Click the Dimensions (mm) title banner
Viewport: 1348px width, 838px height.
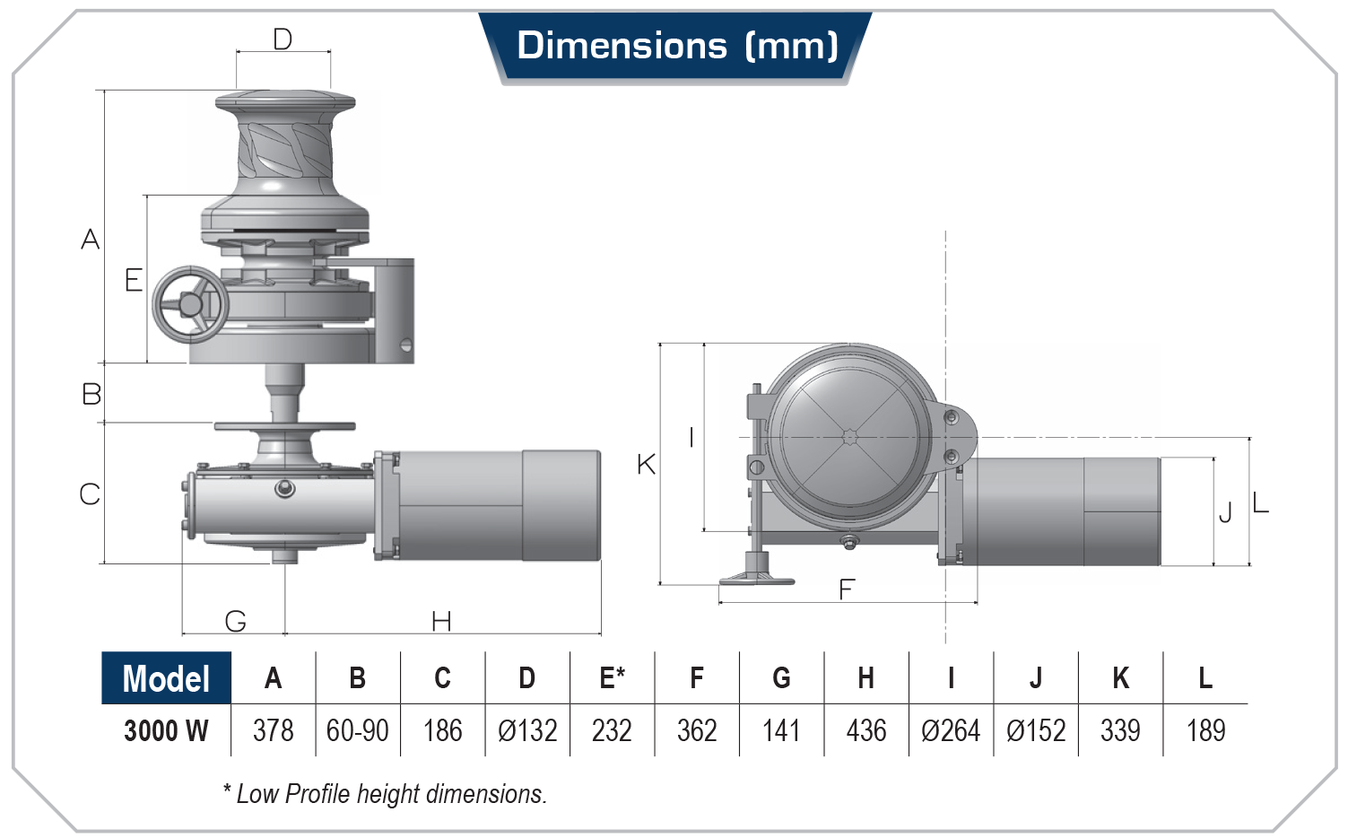click(x=676, y=46)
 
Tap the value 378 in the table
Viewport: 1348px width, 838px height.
click(x=273, y=730)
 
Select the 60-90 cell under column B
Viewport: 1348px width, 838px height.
click(x=357, y=730)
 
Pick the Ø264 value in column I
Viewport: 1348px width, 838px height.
click(x=951, y=730)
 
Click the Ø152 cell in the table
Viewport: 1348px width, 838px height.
click(x=1036, y=730)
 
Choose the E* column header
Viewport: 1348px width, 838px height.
click(x=612, y=678)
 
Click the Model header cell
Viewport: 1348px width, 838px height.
click(x=166, y=678)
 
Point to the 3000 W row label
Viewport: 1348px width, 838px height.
click(x=166, y=730)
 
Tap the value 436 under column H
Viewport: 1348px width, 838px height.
click(x=865, y=730)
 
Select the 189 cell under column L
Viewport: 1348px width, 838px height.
click(x=1205, y=730)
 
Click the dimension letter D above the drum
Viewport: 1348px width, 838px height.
click(x=283, y=39)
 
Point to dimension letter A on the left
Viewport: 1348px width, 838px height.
click(x=90, y=240)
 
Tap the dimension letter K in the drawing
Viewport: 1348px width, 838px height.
click(x=646, y=465)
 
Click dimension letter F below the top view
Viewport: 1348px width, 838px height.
click(x=847, y=589)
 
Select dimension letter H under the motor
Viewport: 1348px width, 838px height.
click(x=441, y=621)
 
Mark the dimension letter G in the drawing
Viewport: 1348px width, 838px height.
click(x=235, y=621)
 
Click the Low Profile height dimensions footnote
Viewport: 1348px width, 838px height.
click(x=385, y=794)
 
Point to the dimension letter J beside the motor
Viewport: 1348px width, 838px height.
click(x=1225, y=512)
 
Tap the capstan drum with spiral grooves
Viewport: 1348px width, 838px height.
click(x=285, y=148)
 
